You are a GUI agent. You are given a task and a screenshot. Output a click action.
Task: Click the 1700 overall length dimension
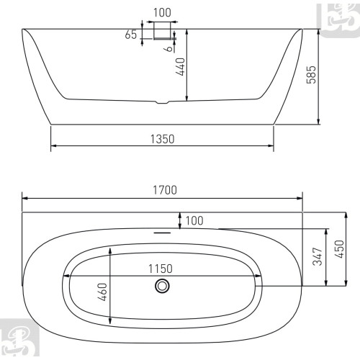coord(165,190)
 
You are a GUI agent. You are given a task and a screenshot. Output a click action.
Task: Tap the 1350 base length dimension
coord(162,139)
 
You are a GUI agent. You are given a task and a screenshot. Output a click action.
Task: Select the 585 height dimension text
coord(311,75)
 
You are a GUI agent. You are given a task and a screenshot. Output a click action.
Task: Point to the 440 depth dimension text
coord(180,66)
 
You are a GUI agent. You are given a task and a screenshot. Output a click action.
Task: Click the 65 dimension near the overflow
coord(131,35)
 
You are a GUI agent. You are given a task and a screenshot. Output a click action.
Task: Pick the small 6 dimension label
coord(169,49)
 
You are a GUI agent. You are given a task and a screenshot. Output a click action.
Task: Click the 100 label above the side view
coord(162,13)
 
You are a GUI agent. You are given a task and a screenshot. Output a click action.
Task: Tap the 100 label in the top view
coord(194,220)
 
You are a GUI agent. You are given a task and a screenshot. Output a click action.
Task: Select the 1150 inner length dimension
coord(161,269)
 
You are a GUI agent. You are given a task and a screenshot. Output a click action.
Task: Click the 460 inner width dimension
coord(102,292)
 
